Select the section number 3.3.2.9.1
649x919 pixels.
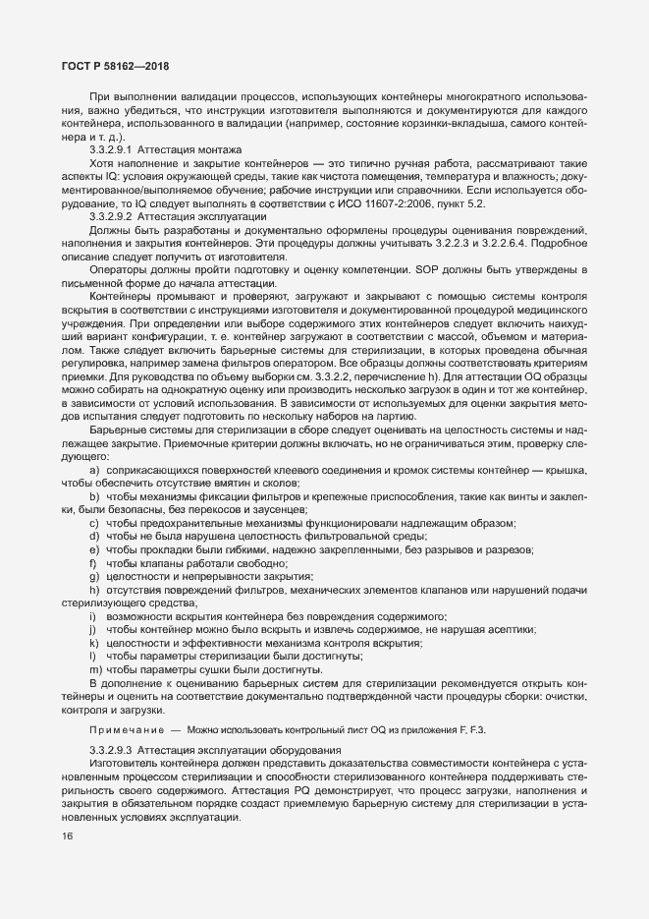(x=111, y=148)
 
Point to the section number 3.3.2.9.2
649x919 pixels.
(x=111, y=214)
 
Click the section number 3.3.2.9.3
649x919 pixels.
(x=111, y=751)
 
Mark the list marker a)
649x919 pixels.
(x=95, y=470)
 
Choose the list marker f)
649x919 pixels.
(x=94, y=563)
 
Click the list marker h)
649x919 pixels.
(x=95, y=589)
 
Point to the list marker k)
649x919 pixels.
(x=94, y=642)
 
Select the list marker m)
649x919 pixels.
(x=95, y=668)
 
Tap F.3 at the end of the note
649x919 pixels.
(x=476, y=729)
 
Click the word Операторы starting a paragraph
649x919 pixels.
(x=119, y=269)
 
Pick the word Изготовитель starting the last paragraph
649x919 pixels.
(x=127, y=764)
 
